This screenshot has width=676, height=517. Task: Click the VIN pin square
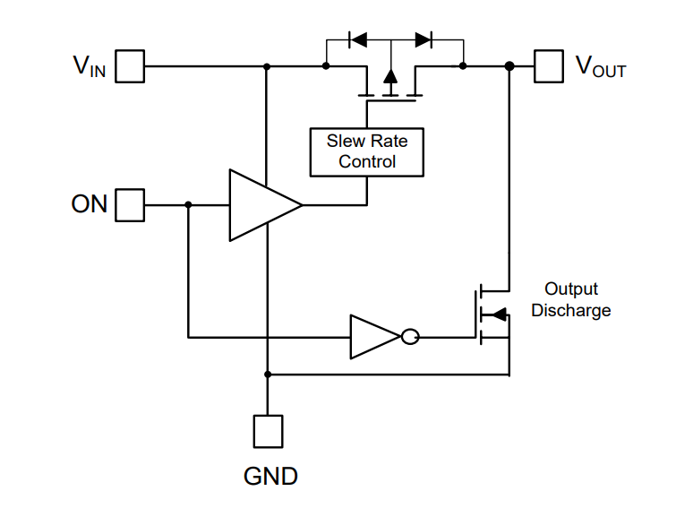tap(131, 66)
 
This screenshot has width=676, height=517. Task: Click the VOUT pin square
tap(548, 66)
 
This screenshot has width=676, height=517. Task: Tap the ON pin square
tap(131, 204)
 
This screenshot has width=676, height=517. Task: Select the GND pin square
tap(268, 430)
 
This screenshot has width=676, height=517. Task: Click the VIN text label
tap(90, 67)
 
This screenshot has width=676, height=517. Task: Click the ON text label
tap(90, 204)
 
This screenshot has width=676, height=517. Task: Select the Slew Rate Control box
tap(366, 151)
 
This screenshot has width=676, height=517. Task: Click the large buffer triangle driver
tap(260, 205)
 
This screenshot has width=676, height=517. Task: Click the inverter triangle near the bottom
tap(372, 338)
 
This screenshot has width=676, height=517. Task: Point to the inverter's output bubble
tap(409, 338)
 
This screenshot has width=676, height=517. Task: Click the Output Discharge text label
tap(571, 300)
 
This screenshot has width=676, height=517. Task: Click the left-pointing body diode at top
tap(357, 39)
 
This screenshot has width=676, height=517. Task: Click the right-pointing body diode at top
tap(424, 39)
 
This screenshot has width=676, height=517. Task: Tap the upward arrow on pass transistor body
tap(390, 78)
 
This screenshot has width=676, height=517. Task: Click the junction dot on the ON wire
tap(188, 204)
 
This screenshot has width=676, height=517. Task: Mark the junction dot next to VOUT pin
tap(509, 66)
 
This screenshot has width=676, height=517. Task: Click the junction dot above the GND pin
tap(268, 374)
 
